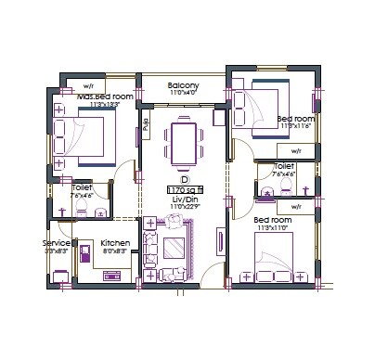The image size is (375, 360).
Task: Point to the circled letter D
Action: point(184,179)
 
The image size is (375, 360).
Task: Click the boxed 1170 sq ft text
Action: point(184,190)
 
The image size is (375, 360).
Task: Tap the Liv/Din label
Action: point(184,199)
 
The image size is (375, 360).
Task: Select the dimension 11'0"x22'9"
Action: point(184,208)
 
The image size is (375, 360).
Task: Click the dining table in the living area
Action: point(184,144)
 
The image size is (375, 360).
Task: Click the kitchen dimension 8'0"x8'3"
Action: point(114,251)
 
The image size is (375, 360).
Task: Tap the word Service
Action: point(58,242)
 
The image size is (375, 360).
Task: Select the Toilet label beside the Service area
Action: point(82,187)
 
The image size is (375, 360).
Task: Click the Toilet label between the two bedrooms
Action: point(283,166)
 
